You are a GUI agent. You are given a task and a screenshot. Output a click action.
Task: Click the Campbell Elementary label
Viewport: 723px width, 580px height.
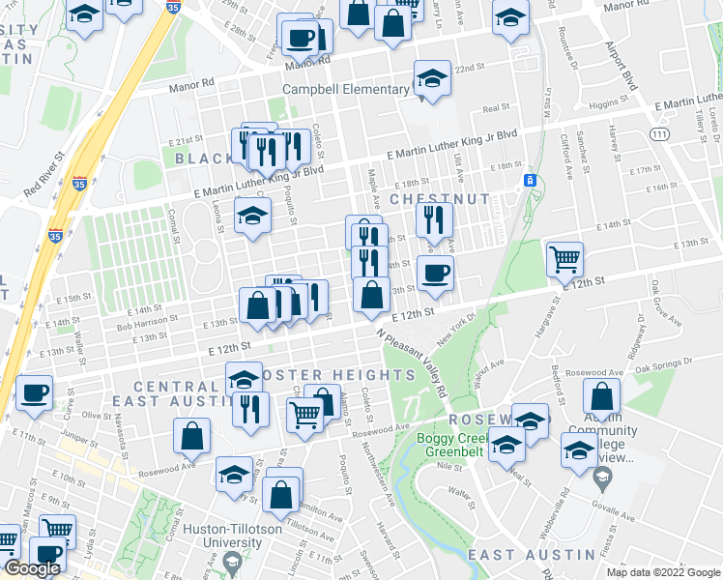[x=346, y=90]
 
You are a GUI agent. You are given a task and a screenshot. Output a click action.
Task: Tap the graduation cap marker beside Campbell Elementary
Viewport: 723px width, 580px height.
[x=432, y=80]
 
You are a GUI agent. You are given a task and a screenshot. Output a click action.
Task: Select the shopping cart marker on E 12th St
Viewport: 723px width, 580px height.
[x=564, y=259]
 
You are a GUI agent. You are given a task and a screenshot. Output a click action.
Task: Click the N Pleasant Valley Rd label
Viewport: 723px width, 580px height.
[x=413, y=362]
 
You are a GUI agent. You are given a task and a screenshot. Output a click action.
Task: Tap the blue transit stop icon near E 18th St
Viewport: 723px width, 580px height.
[x=529, y=181]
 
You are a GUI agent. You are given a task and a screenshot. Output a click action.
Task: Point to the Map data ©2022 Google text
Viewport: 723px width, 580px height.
[x=662, y=572]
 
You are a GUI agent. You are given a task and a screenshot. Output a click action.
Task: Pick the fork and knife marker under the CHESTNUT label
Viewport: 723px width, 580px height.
[x=434, y=219]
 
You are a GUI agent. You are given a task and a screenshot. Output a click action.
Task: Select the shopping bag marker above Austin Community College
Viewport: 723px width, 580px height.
[x=601, y=396]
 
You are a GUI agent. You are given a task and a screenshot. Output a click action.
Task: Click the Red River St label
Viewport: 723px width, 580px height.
[x=45, y=170]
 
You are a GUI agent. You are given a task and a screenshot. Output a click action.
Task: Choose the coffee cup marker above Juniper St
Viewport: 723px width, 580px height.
[x=35, y=393]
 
